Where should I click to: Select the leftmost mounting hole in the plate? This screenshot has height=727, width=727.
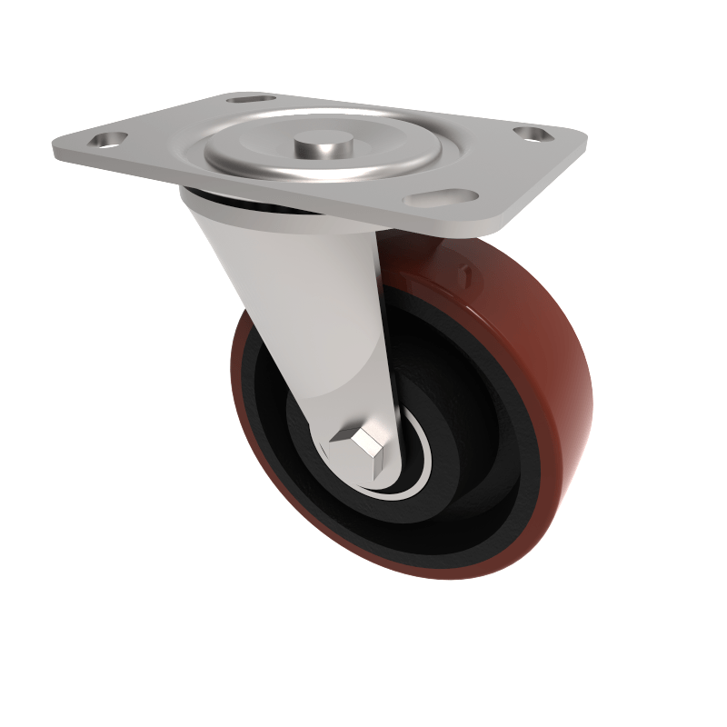(x=108, y=141)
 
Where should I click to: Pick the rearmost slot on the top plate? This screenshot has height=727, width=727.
(x=252, y=97)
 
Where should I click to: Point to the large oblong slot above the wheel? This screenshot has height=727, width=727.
(x=443, y=197)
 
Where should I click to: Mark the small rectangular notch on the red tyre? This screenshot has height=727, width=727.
(x=466, y=270)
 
